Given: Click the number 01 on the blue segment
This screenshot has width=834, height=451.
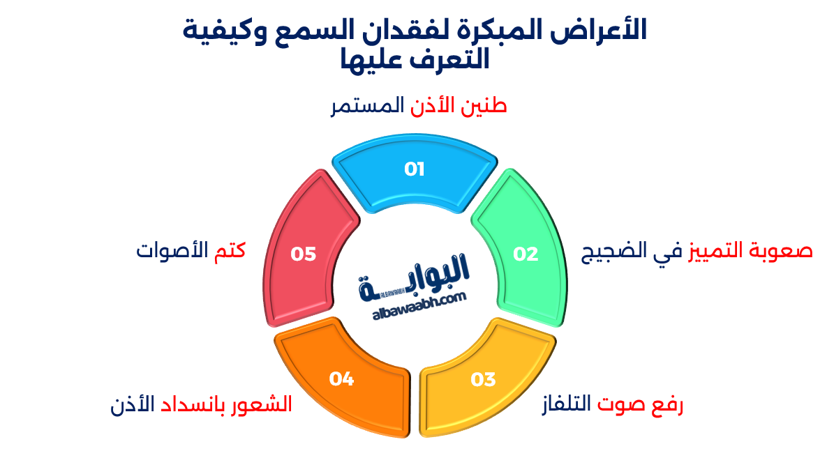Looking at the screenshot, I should pyautogui.click(x=415, y=169).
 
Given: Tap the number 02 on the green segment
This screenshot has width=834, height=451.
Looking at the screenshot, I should pyautogui.click(x=526, y=254).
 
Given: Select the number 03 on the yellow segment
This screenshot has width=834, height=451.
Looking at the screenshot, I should pyautogui.click(x=482, y=379).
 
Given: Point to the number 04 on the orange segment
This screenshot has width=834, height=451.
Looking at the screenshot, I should pyautogui.click(x=342, y=379).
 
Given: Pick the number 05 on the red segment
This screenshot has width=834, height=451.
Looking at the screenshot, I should pyautogui.click(x=304, y=254).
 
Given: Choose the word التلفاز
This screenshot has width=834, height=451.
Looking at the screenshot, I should pyautogui.click(x=566, y=404).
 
